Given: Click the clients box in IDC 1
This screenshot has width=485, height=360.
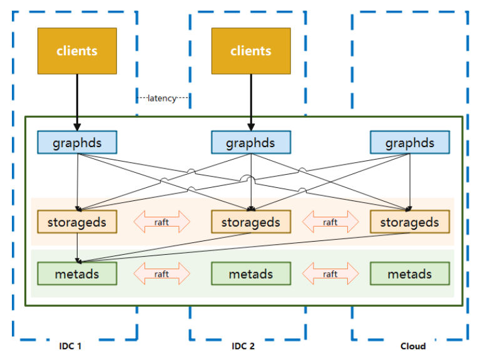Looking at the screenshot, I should point(77,51).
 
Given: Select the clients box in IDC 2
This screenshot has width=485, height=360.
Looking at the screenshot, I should point(251,51).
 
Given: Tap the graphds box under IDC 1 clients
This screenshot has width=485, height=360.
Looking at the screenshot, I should point(77,143).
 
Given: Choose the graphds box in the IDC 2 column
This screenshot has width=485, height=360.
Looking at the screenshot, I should point(251,143).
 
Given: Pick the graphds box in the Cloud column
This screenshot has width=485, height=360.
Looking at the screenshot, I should point(409,143).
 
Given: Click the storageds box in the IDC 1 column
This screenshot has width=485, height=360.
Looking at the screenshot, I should point(77,222).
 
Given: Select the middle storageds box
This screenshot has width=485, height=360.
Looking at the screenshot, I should point(251,222).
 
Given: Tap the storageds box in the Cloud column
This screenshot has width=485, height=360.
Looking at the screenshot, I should point(409,222).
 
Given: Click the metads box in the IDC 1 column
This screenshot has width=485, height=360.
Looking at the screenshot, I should point(77,274).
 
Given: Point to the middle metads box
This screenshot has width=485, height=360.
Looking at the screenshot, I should point(251,274).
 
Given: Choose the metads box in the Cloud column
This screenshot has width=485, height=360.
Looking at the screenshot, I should point(409,274).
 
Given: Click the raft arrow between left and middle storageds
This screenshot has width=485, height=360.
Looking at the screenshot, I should point(162,222).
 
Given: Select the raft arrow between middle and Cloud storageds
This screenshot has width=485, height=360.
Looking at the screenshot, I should point(330,222).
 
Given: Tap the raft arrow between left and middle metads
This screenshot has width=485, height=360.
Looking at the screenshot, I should point(162,274).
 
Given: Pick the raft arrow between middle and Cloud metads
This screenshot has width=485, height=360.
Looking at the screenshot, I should point(330,274).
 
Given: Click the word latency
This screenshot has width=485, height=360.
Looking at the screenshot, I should point(162,98).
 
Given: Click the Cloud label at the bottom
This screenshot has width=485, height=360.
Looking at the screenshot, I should point(412,346).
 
